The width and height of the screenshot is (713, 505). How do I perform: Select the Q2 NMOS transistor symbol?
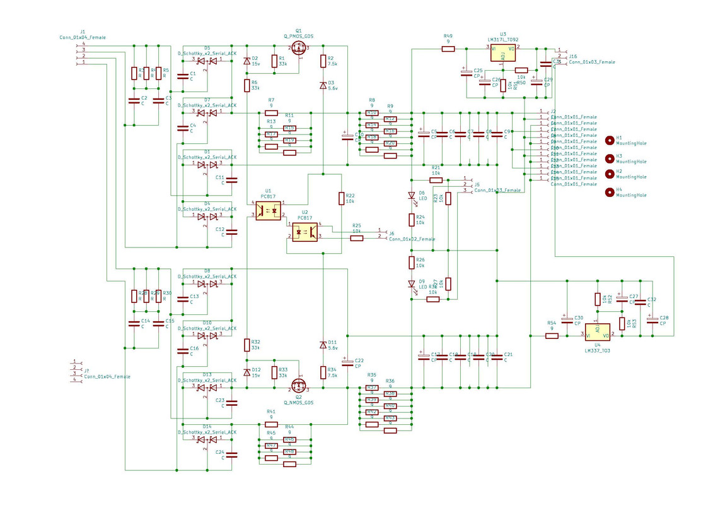(x=298, y=385)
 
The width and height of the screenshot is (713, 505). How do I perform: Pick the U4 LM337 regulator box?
(x=597, y=332)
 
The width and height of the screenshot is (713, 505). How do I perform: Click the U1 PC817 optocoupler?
(x=268, y=210)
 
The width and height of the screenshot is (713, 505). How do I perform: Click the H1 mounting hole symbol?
(x=610, y=140)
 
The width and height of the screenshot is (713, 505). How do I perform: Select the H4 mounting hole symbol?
(x=610, y=193)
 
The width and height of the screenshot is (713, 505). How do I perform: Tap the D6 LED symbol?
(x=412, y=196)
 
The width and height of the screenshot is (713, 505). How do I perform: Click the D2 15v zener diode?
(x=246, y=61)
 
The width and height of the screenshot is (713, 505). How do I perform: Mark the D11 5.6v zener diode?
(x=323, y=345)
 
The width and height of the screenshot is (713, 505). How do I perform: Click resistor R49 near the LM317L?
(x=448, y=49)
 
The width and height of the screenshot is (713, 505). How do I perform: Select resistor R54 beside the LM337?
(x=552, y=336)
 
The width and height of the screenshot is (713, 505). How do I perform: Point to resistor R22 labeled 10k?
(x=342, y=198)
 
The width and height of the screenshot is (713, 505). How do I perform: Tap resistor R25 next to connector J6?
(x=357, y=238)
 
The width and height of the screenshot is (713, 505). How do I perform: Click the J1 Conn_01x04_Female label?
(x=83, y=37)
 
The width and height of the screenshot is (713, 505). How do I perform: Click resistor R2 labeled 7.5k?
(x=323, y=61)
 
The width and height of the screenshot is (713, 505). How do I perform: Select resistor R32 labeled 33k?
(x=246, y=345)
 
